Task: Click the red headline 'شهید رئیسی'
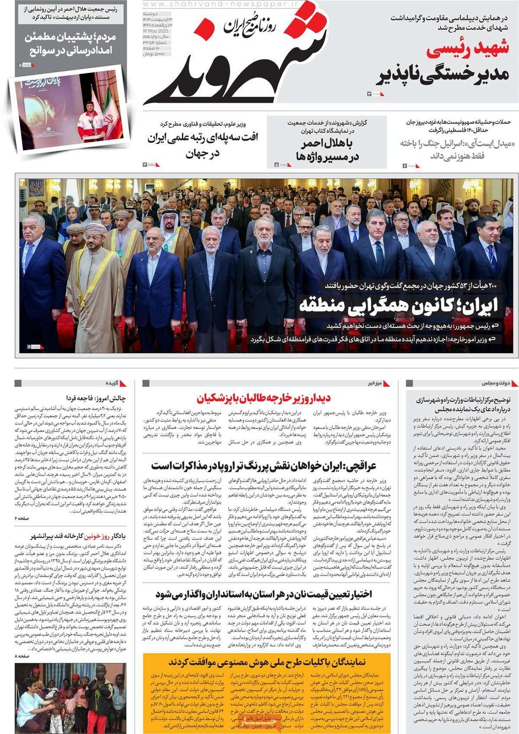[x=467, y=49]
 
